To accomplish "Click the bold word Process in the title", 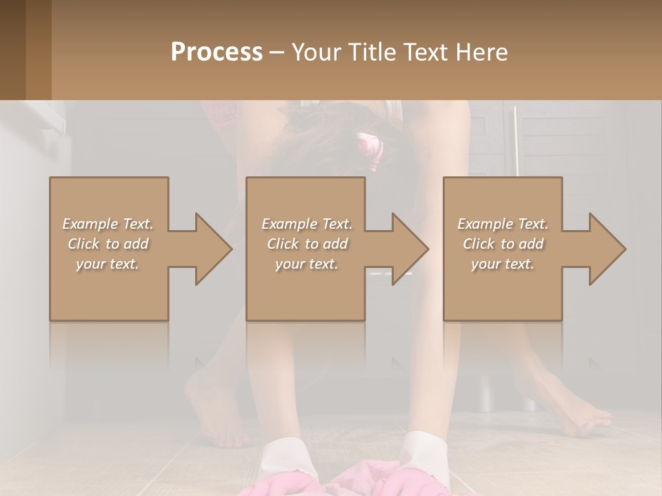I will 217,52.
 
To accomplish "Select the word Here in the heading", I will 483,52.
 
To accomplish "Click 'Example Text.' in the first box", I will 108,224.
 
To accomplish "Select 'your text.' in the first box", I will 108,264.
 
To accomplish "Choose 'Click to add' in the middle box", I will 307,244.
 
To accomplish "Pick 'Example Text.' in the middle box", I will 307,224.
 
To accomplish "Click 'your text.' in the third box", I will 503,264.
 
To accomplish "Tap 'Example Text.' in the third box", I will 503,224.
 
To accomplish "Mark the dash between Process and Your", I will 277,52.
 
